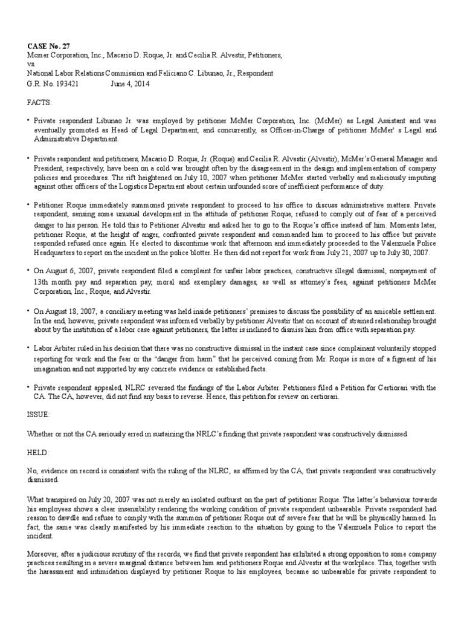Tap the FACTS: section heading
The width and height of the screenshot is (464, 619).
tap(40, 103)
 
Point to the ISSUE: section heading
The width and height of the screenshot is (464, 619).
tap(40, 415)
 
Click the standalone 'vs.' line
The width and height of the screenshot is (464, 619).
tap(31, 64)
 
